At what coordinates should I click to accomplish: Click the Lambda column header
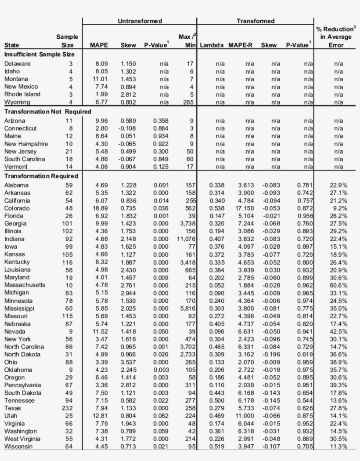coord(212,45)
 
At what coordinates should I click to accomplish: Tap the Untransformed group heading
coord(140,21)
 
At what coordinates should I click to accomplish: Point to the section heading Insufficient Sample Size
coord(43,54)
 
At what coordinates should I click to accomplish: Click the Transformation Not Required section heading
coord(48,112)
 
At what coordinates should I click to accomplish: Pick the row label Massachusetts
coord(25,285)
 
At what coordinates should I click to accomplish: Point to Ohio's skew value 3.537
coord(129,362)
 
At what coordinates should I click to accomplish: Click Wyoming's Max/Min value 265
coord(188,102)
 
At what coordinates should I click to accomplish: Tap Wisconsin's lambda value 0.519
coord(214,446)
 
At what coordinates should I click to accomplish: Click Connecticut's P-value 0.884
coord(161,128)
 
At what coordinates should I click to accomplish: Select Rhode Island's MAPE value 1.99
coord(101,94)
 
